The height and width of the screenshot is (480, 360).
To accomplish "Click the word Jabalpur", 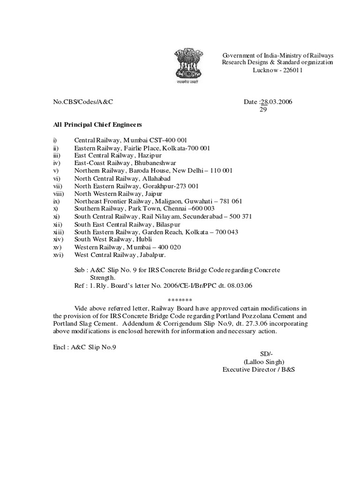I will pyautogui.click(x=151, y=255).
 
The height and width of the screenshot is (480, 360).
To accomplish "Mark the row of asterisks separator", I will pyautogui.click(x=180, y=300).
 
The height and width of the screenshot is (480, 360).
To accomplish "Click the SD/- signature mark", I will pyautogui.click(x=265, y=353).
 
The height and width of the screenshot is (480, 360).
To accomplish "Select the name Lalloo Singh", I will pyautogui.click(x=264, y=361).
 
